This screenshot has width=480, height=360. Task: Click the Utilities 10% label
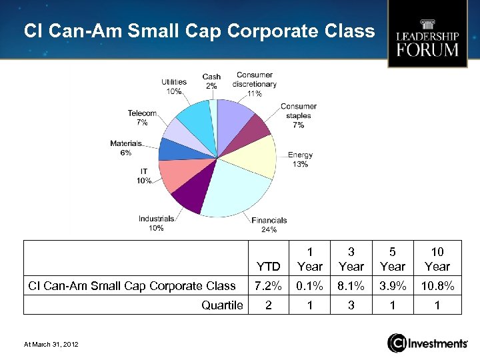173,87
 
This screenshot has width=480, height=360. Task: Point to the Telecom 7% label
142,118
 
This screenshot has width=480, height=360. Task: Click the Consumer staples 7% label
298,115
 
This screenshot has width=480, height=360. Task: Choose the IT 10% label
143,176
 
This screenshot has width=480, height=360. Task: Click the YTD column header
268,266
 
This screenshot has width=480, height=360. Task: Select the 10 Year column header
437,259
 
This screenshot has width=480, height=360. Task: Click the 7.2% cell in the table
268,286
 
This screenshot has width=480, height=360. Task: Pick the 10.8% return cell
437,286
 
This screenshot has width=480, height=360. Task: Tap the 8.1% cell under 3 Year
351,286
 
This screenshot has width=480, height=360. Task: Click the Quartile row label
222,305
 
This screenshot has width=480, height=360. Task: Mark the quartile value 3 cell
351,305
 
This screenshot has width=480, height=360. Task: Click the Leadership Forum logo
427,35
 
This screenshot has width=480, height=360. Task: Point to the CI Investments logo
427,343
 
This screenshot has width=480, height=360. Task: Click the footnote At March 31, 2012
51,343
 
